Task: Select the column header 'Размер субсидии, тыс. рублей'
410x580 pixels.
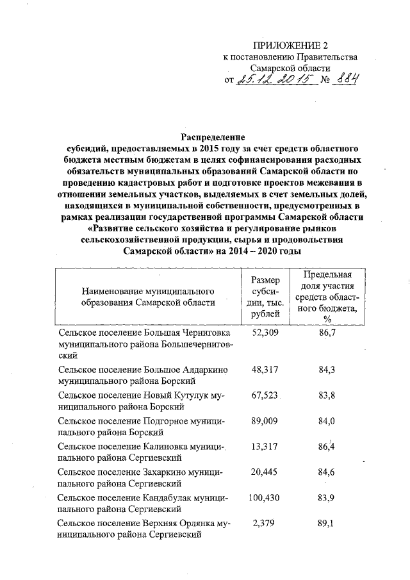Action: [265, 297]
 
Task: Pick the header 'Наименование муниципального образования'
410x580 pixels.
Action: [147, 296]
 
